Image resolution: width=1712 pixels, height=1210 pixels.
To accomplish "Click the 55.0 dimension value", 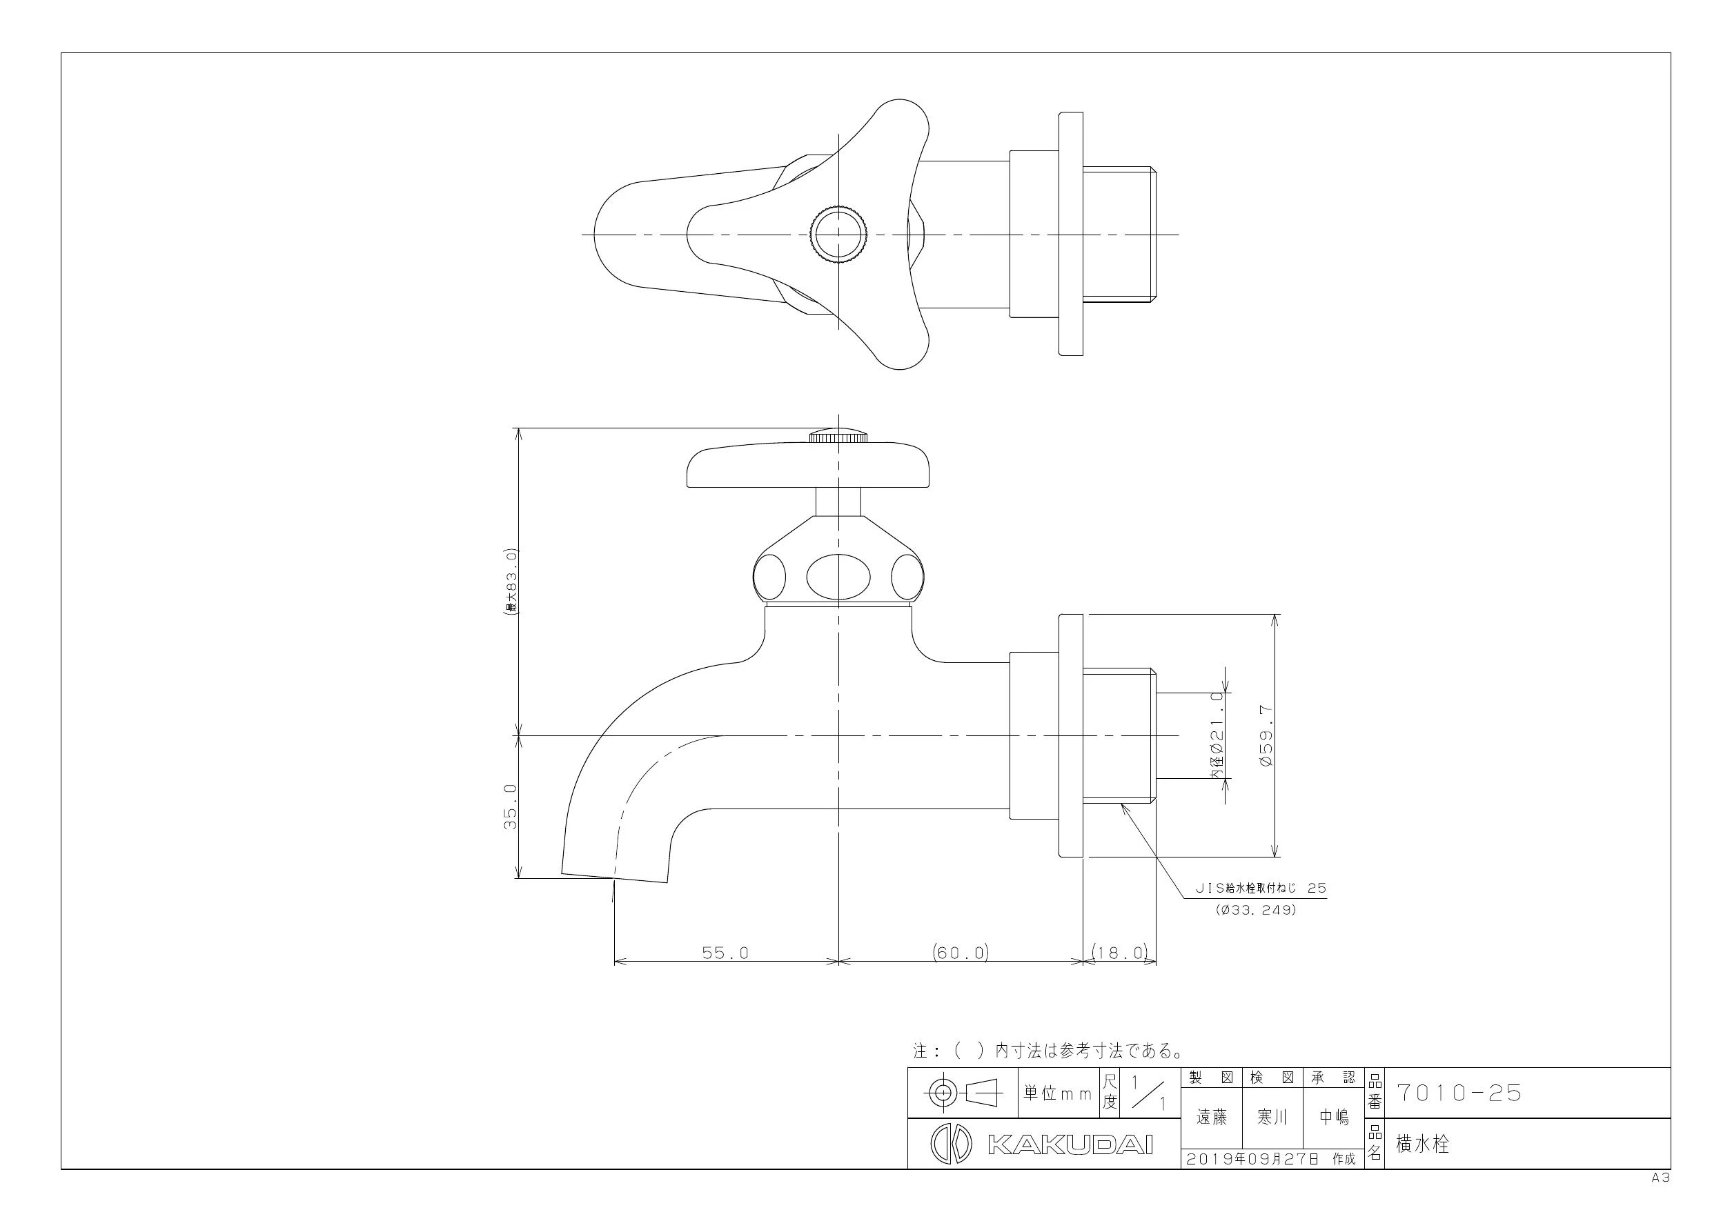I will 725,953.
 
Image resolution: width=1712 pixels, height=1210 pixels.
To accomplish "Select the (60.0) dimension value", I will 961,952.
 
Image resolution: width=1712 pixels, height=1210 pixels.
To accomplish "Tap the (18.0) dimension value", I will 1120,952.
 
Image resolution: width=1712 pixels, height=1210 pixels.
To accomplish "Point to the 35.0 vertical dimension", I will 511,806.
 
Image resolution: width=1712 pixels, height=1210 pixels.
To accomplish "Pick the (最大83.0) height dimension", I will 511,582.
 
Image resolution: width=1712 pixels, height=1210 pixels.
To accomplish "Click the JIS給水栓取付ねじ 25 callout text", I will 1261,889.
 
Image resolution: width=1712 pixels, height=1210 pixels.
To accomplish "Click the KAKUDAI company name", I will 1070,1144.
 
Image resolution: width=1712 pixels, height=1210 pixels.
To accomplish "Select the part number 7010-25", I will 1459,1093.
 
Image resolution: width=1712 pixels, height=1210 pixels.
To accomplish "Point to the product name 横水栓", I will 1422,1144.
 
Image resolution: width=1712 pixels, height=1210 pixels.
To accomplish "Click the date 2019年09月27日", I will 1252,1160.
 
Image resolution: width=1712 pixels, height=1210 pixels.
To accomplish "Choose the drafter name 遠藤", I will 1212,1117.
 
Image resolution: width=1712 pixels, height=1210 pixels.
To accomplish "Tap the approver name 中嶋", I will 1333,1117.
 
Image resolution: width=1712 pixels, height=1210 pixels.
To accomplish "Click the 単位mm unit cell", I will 1057,1093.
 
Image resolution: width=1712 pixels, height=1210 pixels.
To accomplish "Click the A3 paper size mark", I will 1660,1178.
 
